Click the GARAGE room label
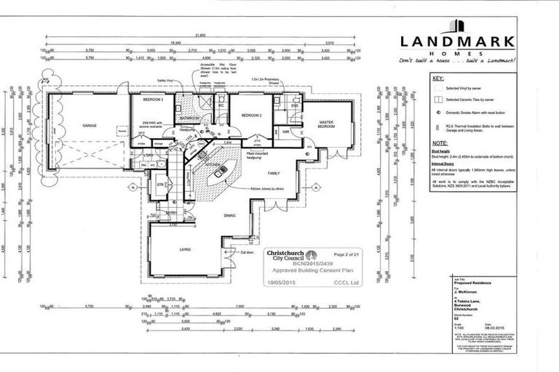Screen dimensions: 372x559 (x=90, y=124)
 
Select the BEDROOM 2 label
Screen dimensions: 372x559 (x=250, y=116)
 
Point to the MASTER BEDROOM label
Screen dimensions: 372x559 (x=326, y=124)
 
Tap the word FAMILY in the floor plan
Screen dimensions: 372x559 (x=273, y=174)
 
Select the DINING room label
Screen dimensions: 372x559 (x=229, y=215)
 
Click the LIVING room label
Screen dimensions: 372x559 (x=185, y=249)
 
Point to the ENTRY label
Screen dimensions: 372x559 (x=172, y=212)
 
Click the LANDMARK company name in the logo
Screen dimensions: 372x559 (x=457, y=43)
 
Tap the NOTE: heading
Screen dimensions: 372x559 (x=439, y=144)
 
